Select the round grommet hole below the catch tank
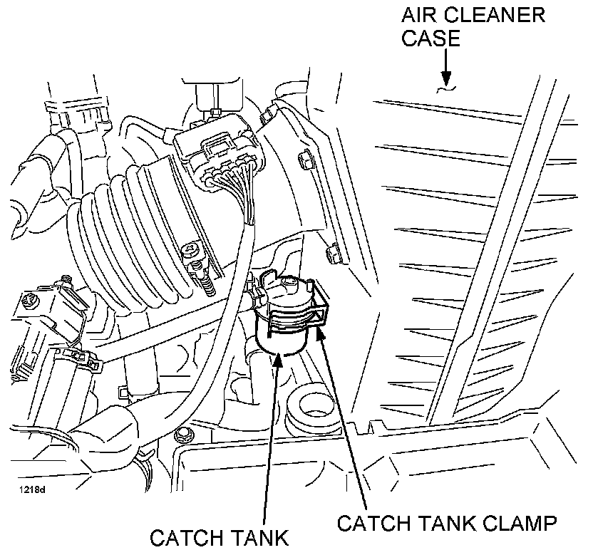click(314, 403)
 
